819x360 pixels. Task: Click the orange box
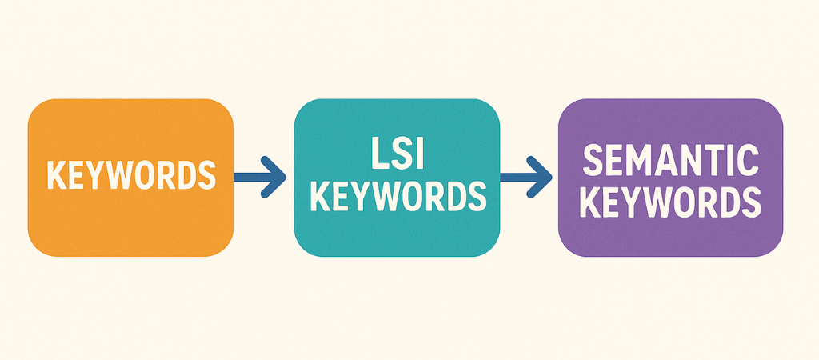pyautogui.click(x=130, y=178)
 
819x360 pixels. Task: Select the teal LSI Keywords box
pyautogui.click(x=397, y=178)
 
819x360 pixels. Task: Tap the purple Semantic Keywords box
pyautogui.click(x=671, y=178)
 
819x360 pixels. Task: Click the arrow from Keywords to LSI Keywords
pyautogui.click(x=260, y=177)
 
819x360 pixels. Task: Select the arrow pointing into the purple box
pyautogui.click(x=526, y=177)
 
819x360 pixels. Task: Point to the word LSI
pyautogui.click(x=397, y=153)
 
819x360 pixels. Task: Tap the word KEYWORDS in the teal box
pyautogui.click(x=398, y=197)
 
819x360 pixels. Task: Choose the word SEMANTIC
pyautogui.click(x=671, y=161)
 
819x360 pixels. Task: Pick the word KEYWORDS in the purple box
pyautogui.click(x=671, y=203)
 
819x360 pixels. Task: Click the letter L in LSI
pyautogui.click(x=378, y=153)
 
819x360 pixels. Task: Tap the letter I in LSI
pyautogui.click(x=419, y=153)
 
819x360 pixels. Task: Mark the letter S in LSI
pyautogui.click(x=401, y=153)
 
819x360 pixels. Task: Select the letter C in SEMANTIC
pyautogui.click(x=749, y=161)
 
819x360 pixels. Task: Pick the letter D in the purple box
pyautogui.click(x=728, y=203)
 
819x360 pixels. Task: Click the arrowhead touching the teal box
pyautogui.click(x=274, y=177)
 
